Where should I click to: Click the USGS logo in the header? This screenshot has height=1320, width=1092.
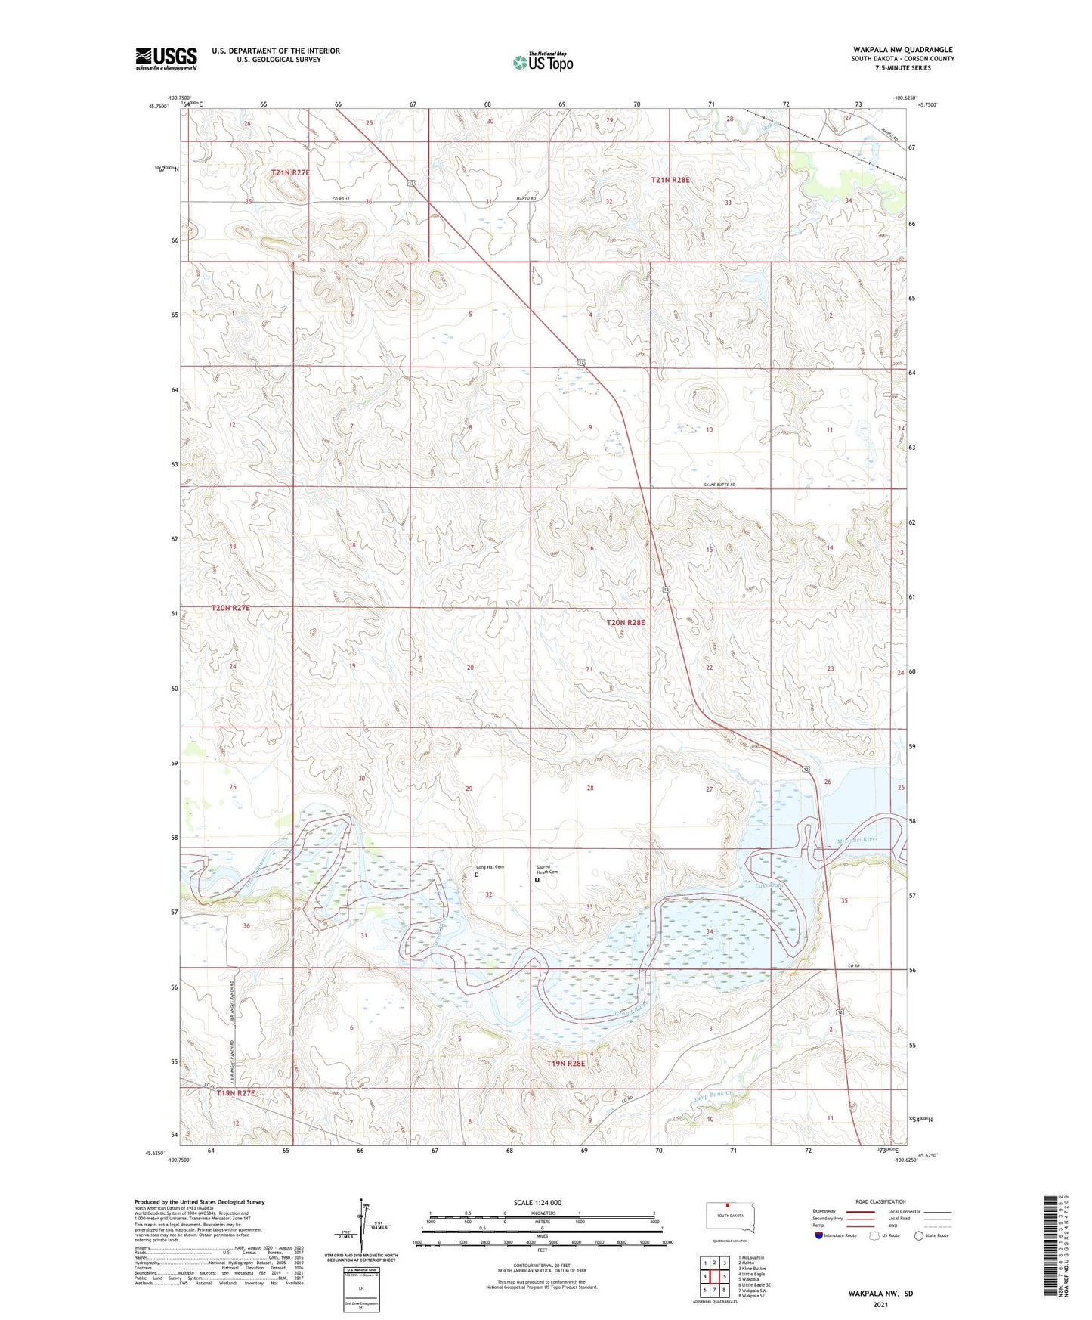pyautogui.click(x=166, y=58)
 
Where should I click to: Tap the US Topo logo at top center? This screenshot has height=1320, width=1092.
pyautogui.click(x=543, y=62)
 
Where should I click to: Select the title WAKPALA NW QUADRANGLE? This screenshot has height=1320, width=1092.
pyautogui.click(x=903, y=49)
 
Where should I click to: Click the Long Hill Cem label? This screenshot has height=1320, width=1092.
pyautogui.click(x=490, y=867)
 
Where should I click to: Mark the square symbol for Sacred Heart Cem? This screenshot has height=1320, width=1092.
pyautogui.click(x=537, y=879)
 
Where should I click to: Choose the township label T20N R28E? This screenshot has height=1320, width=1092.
pyautogui.click(x=626, y=622)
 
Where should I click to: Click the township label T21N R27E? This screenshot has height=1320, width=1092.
pyautogui.click(x=290, y=172)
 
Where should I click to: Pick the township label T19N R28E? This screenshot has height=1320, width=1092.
pyautogui.click(x=566, y=1063)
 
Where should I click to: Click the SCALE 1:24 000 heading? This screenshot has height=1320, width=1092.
pyautogui.click(x=537, y=1202)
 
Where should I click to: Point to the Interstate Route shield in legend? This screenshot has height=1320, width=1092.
pyautogui.click(x=819, y=1235)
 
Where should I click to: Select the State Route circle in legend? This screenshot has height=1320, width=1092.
pyautogui.click(x=919, y=1235)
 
